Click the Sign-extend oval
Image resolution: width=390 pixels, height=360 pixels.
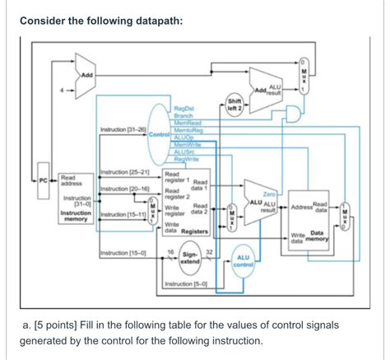(x=189, y=258)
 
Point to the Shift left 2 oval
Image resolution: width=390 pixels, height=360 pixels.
(x=234, y=105)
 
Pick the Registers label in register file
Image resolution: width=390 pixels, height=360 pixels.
(x=197, y=231)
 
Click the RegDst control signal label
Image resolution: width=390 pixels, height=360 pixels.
(x=183, y=108)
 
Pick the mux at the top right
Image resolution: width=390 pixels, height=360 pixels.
(x=304, y=75)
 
